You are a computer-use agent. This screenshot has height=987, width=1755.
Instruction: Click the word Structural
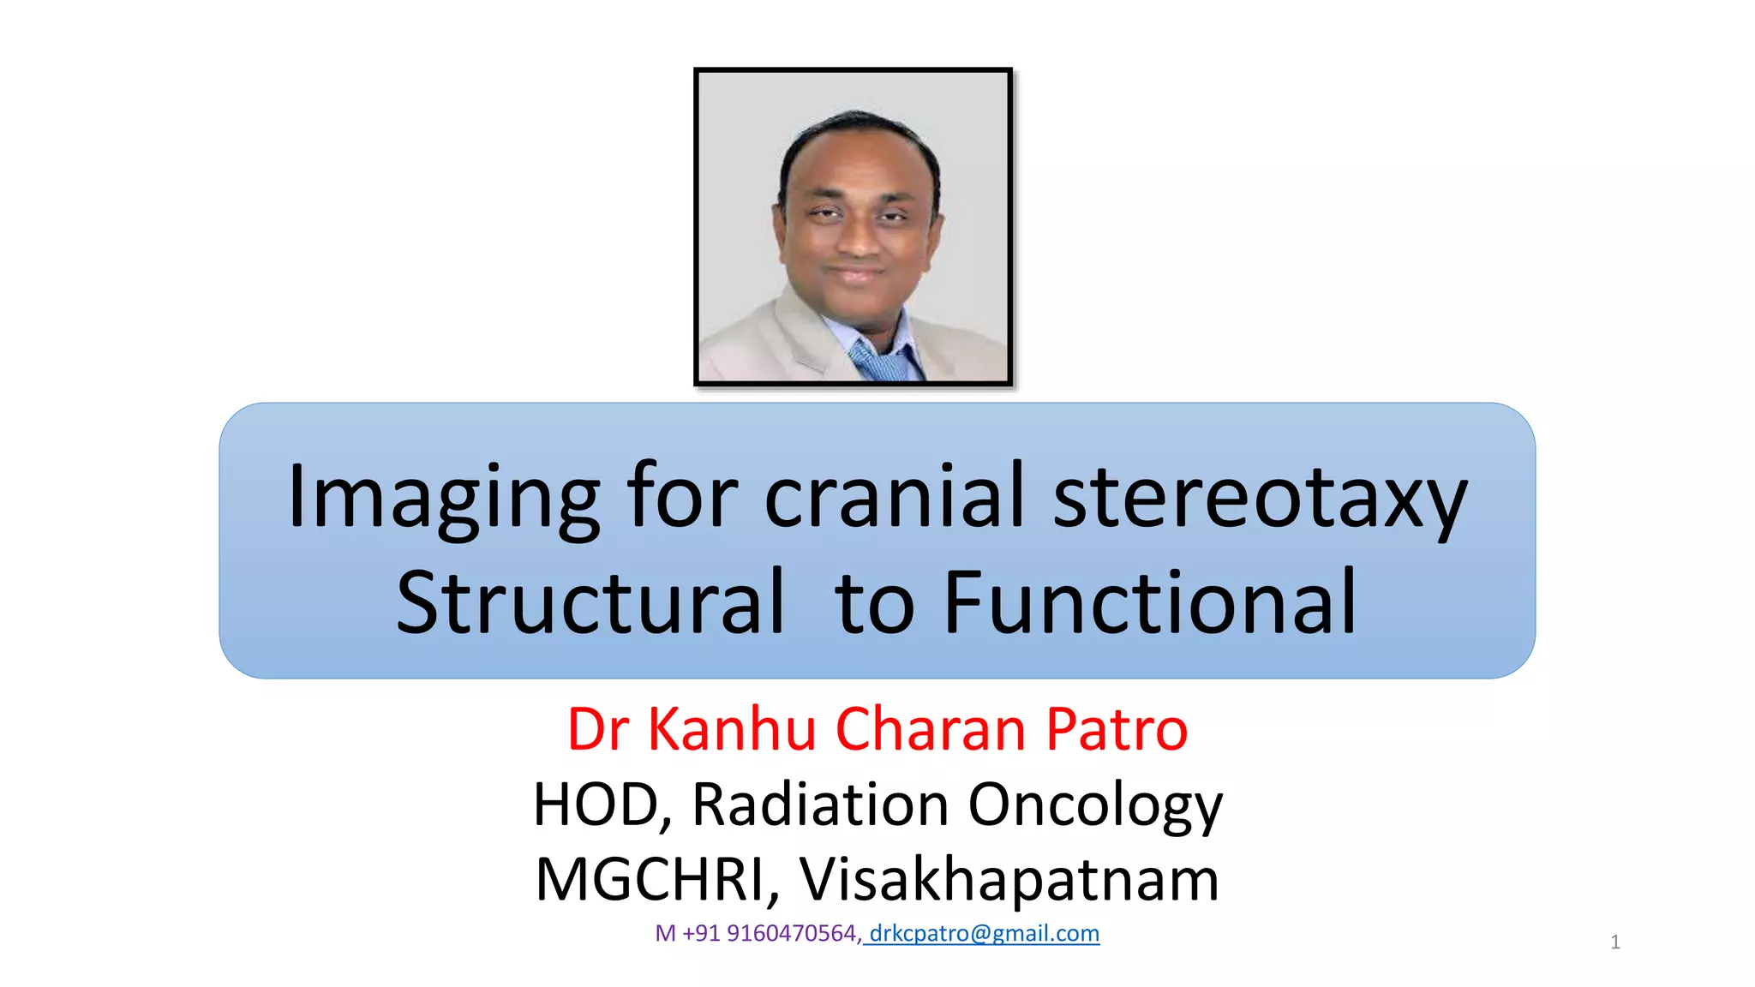click(x=590, y=603)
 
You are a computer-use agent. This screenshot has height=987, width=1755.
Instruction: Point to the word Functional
click(x=1150, y=603)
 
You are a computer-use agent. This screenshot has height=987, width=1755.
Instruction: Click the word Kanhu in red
click(x=732, y=730)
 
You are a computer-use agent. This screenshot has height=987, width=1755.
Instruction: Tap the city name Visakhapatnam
click(x=1009, y=881)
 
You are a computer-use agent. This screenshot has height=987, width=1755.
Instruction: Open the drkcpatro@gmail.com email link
click(x=984, y=933)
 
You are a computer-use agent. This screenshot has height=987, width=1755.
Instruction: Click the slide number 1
click(x=1614, y=942)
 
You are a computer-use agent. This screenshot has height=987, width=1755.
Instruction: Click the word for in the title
click(x=681, y=497)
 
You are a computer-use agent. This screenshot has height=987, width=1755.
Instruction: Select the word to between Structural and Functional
click(x=874, y=605)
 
